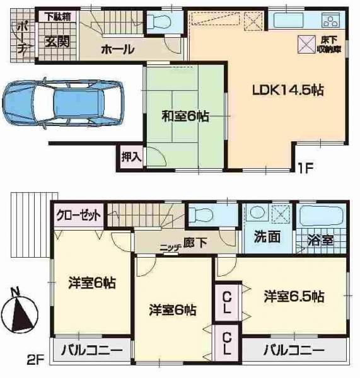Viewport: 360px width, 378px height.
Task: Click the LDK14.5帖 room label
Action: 288,91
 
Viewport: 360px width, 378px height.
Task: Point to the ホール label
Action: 117,50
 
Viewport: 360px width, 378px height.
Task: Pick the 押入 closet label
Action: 131,157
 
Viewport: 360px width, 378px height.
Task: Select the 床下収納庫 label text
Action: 329,45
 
